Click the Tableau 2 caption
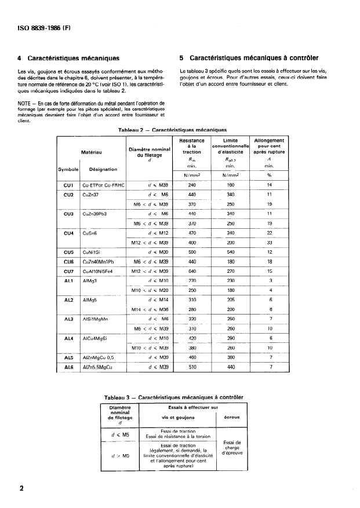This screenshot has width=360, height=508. point(172,130)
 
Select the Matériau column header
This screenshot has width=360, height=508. point(91,153)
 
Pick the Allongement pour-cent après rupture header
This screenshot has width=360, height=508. point(269,148)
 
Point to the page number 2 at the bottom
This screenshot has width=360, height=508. point(22,488)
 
